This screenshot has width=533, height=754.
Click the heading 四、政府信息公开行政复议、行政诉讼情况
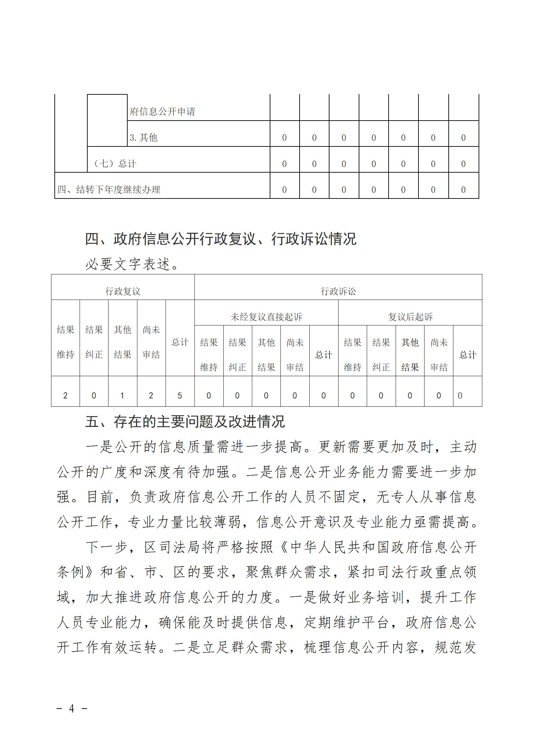coord(220,239)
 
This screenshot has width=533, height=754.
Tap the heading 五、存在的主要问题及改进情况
coord(185,422)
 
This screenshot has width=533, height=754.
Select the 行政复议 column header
coord(123,291)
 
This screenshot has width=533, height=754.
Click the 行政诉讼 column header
coord(338,291)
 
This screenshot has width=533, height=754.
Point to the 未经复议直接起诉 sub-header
coord(266,317)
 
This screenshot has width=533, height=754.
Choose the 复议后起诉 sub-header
coord(410,317)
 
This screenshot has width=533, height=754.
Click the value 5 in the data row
coord(180,396)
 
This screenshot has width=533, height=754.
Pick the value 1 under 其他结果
coord(122,396)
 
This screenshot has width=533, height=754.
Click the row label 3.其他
coord(143,137)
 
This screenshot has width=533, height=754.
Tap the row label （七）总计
coord(114,164)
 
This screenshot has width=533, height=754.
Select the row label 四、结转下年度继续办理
coord(109,189)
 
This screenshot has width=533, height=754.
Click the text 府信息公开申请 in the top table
coord(162,112)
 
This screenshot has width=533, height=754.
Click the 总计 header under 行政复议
coord(180,342)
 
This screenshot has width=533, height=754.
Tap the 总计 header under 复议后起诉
coord(468,355)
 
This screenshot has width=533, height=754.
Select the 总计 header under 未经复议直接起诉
coord(323,355)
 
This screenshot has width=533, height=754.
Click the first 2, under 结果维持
coord(65,396)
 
